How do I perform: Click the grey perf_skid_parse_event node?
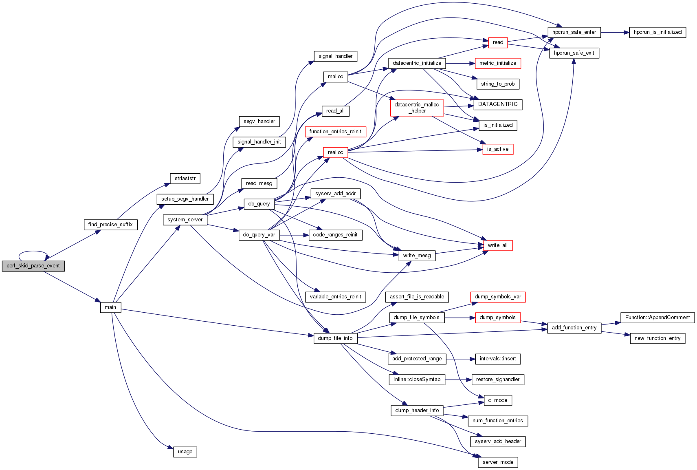(x=33, y=266)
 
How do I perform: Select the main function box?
(x=110, y=307)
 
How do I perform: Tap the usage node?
(x=185, y=452)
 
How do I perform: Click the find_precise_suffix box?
(x=110, y=225)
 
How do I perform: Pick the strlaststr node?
(x=185, y=179)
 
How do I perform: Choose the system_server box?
(x=185, y=220)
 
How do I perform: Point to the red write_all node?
(x=497, y=245)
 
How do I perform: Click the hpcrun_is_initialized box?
(x=657, y=32)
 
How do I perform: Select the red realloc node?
(x=335, y=152)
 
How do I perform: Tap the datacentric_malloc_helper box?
(x=417, y=108)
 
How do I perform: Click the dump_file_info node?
(x=335, y=338)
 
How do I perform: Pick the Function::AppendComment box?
(x=657, y=318)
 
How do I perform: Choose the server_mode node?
(x=498, y=462)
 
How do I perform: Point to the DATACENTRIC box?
(x=498, y=104)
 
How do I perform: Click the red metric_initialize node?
(x=498, y=63)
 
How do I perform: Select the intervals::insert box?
(x=498, y=359)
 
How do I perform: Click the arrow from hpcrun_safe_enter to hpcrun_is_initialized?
(x=615, y=32)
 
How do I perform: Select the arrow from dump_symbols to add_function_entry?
(x=534, y=323)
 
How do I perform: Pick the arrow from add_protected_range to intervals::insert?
(x=461, y=359)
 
